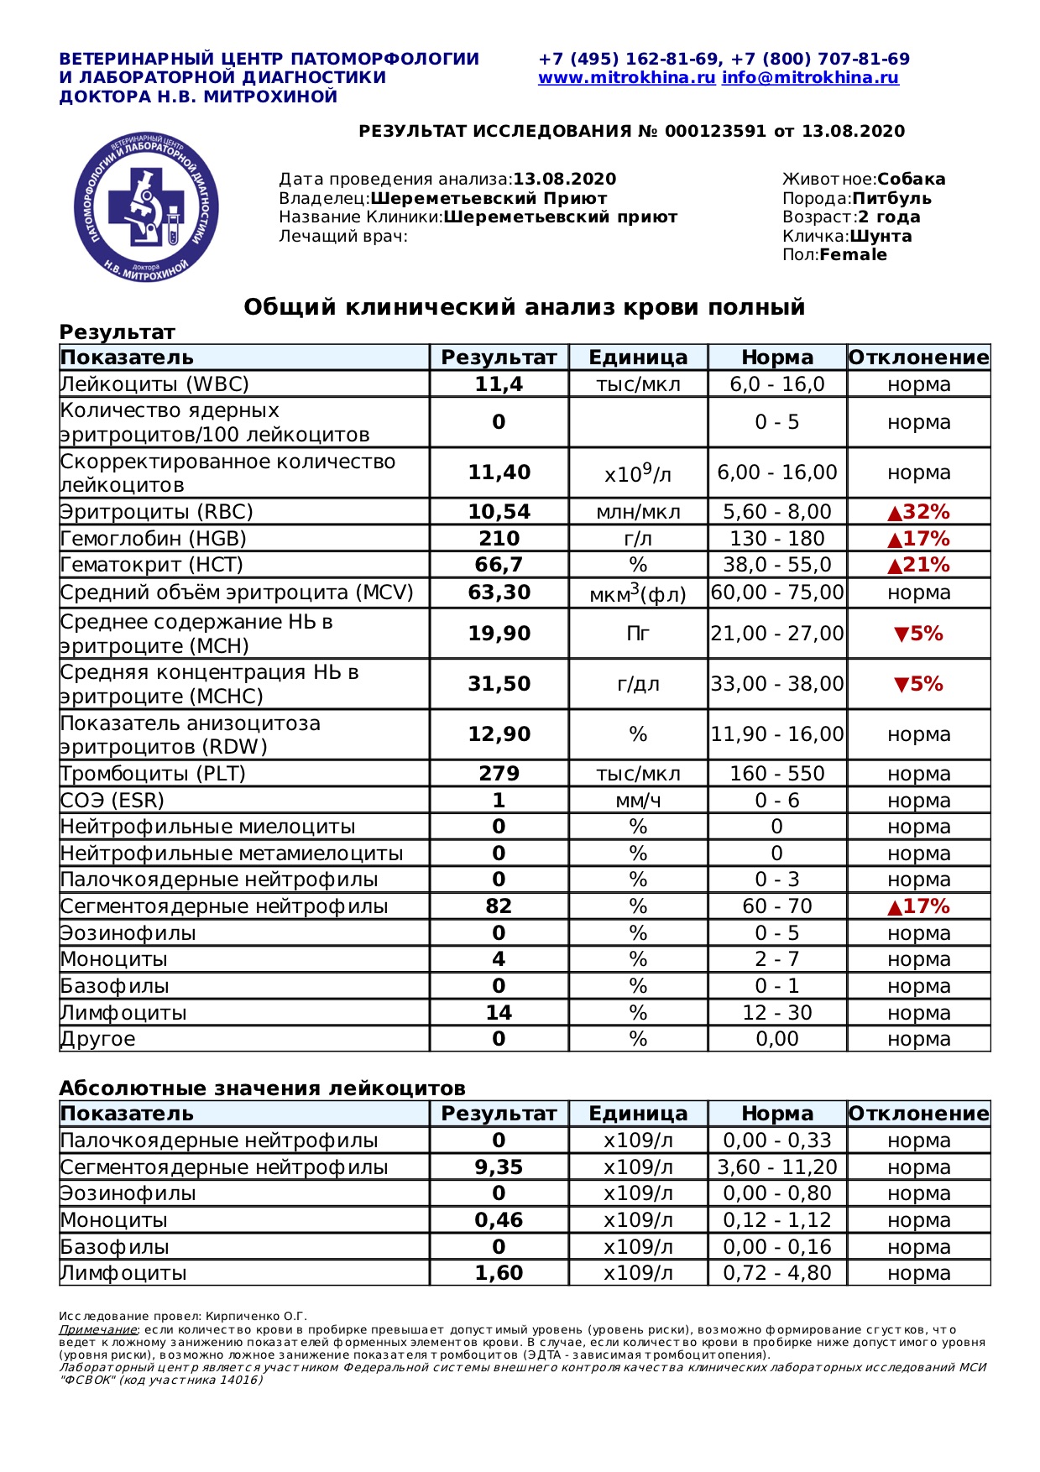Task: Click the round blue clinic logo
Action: (x=146, y=206)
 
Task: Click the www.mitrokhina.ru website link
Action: (x=626, y=78)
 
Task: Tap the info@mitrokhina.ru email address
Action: (x=810, y=78)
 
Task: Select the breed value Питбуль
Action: (x=891, y=199)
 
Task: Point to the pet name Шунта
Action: (x=881, y=236)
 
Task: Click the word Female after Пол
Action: (x=853, y=255)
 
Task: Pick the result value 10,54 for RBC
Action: (x=499, y=512)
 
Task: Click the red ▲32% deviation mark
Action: (x=918, y=512)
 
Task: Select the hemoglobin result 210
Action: (x=499, y=539)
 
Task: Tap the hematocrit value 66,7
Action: (x=499, y=565)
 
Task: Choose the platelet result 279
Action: (x=499, y=774)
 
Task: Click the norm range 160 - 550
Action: (x=777, y=774)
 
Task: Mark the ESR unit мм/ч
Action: (x=638, y=801)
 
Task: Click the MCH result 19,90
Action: (x=499, y=634)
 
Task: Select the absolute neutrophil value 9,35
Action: (x=499, y=1167)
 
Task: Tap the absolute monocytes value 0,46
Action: (x=499, y=1220)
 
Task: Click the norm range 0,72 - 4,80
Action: (x=777, y=1273)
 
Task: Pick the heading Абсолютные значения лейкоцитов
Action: (x=262, y=1088)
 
